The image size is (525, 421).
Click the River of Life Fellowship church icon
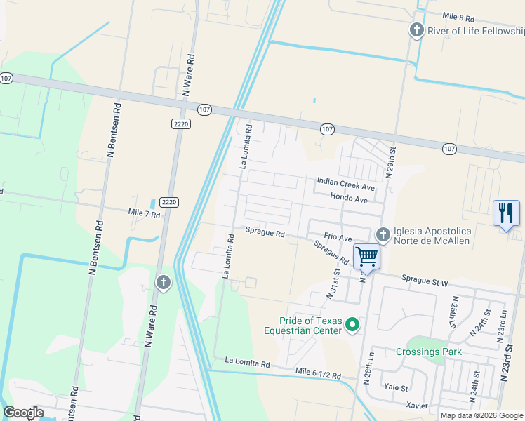(x=417, y=30)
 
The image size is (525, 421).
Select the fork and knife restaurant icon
(x=506, y=212)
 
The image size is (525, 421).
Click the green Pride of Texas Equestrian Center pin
(x=353, y=324)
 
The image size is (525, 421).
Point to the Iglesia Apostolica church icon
(x=383, y=234)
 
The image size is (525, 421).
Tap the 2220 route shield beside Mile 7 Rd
(x=168, y=202)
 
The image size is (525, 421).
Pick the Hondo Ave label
(x=349, y=200)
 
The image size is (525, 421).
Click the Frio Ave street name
(x=338, y=238)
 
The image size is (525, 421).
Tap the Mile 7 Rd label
(x=144, y=213)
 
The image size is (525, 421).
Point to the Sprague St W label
(x=425, y=282)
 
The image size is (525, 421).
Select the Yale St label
(x=396, y=387)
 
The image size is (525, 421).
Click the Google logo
(x=23, y=412)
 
